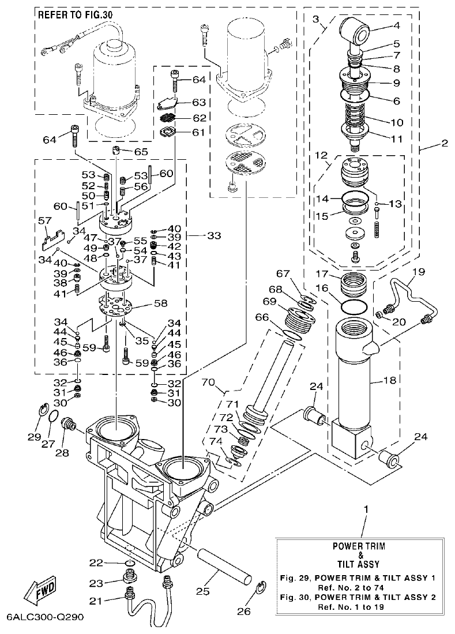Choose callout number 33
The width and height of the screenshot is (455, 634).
213,235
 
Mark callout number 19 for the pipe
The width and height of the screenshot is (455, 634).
419,271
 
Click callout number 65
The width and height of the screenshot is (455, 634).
141,151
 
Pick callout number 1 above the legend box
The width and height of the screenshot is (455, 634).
365,509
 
